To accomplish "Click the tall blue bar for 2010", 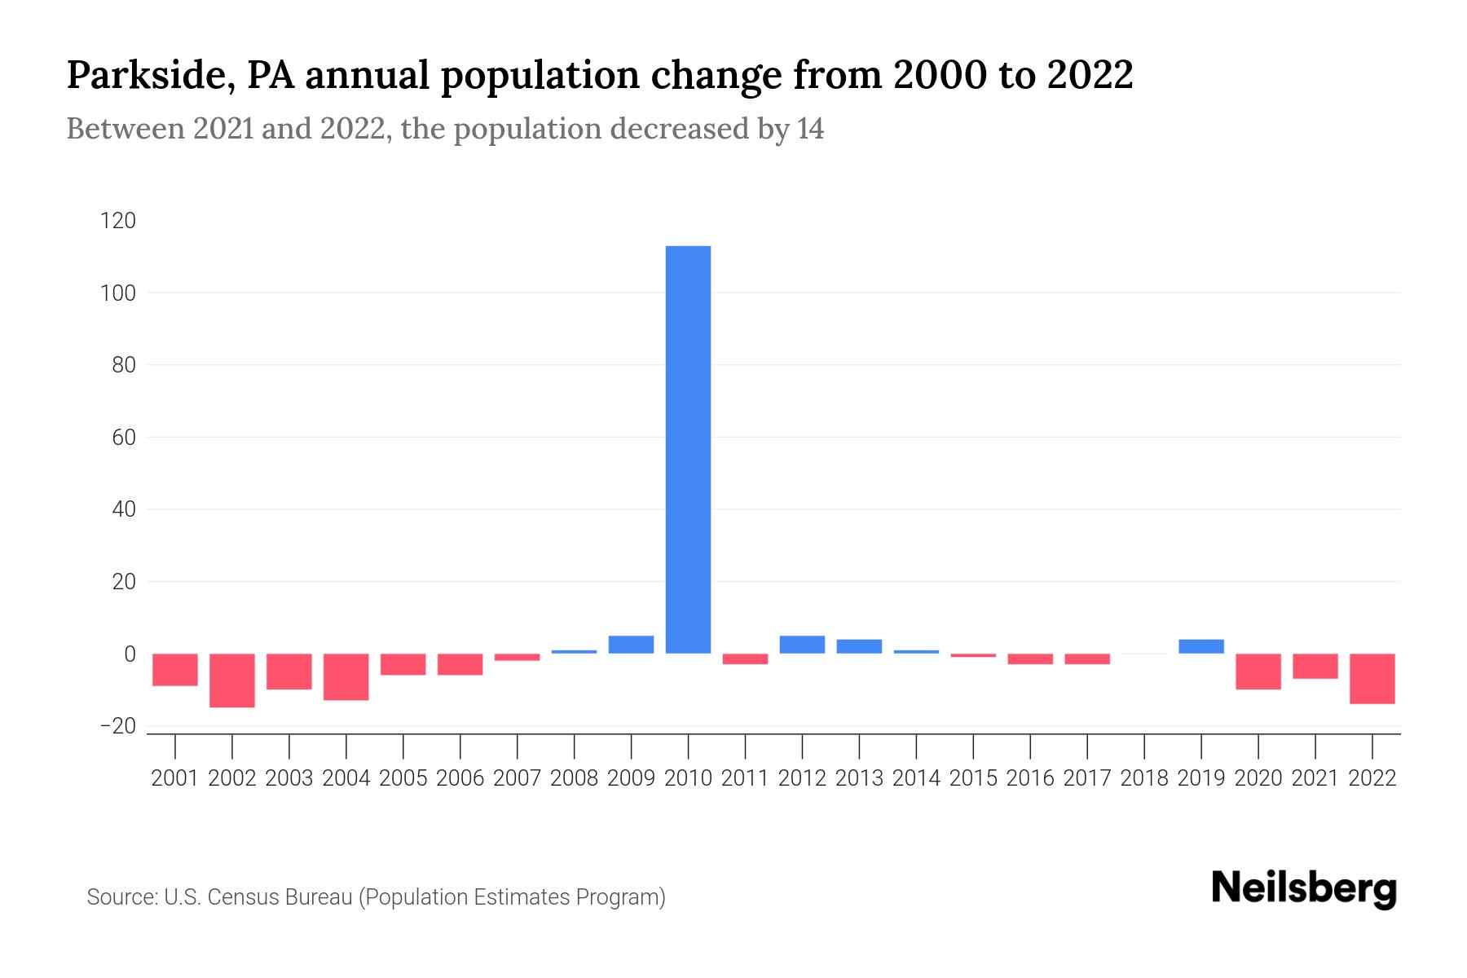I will click(x=688, y=448).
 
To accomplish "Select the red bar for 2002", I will click(x=232, y=680).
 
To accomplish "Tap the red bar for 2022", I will click(x=1372, y=678).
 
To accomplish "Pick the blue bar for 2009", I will click(x=631, y=645).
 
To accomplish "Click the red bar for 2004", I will click(x=346, y=676).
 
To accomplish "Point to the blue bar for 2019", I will click(x=1201, y=646).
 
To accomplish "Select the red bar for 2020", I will click(x=1258, y=671).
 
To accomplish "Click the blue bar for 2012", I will click(x=802, y=645).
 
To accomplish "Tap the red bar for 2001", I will click(x=175, y=669).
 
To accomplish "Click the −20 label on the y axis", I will click(x=117, y=725).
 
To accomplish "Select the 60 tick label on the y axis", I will click(x=123, y=438).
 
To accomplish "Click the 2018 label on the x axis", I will click(x=1144, y=778).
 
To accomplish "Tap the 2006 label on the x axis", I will click(x=460, y=778).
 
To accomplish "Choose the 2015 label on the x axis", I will click(x=973, y=778).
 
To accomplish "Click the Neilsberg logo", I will click(x=1304, y=888).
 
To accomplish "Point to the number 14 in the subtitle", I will click(x=810, y=129).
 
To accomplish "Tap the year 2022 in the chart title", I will click(x=1090, y=75).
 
